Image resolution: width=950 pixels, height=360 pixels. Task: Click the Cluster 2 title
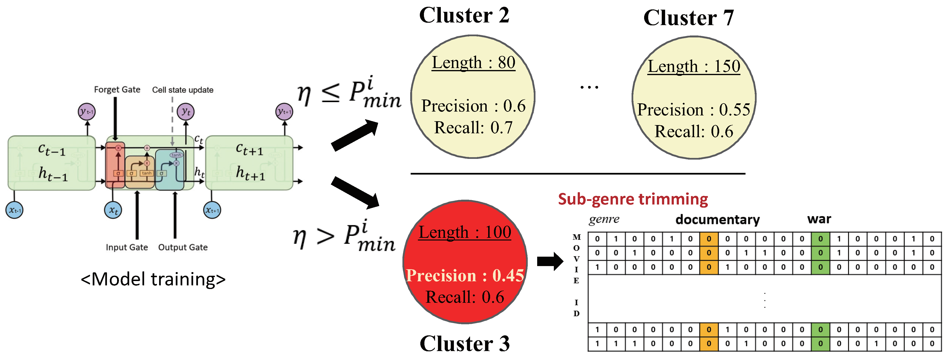(x=464, y=15)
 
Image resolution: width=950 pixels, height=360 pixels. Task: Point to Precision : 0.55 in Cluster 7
(x=693, y=110)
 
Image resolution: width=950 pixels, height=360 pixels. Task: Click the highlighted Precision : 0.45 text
(x=465, y=275)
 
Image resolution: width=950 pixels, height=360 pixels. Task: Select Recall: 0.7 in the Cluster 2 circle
(x=473, y=128)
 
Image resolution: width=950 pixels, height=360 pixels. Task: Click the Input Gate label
(x=127, y=247)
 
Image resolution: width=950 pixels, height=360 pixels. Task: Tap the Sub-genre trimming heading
(x=633, y=199)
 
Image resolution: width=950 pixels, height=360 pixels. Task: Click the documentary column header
(x=717, y=220)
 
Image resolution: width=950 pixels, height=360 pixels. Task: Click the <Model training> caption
(x=153, y=279)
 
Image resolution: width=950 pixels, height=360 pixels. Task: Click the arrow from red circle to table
(x=550, y=261)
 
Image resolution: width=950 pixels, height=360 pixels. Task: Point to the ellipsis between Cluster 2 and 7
(x=589, y=87)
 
